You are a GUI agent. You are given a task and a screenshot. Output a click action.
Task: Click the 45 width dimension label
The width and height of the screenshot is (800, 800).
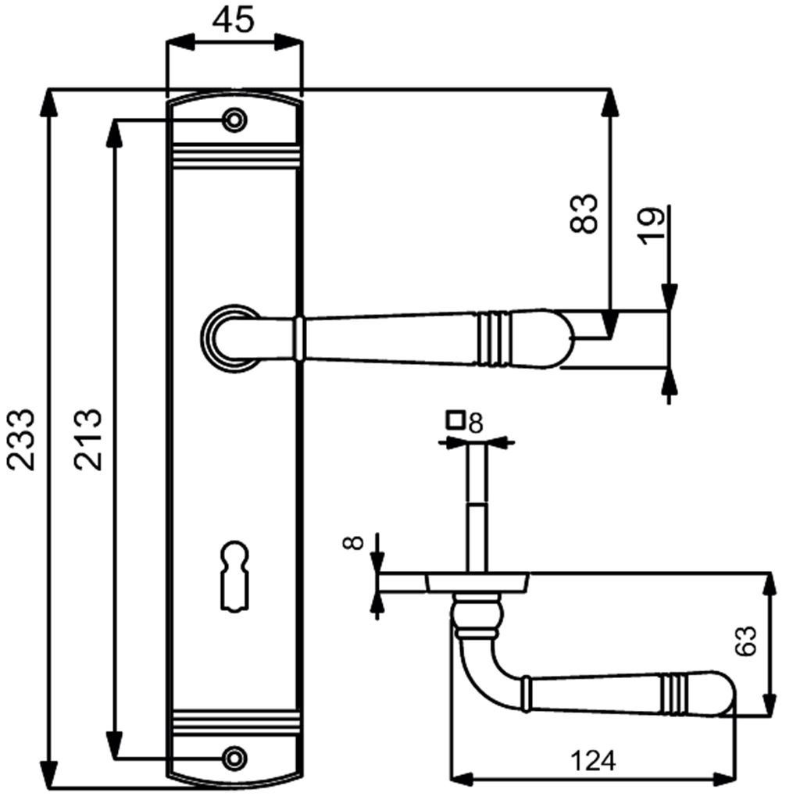tap(234, 21)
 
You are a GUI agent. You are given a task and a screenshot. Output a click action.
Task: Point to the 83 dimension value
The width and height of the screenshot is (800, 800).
tap(584, 213)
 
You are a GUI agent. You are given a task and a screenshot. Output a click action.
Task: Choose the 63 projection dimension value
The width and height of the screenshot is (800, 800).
tap(746, 642)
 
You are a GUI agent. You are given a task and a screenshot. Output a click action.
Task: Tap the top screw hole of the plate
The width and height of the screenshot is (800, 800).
tap(234, 120)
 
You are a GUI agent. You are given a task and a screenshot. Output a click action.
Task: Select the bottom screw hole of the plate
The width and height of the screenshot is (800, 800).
tap(234, 756)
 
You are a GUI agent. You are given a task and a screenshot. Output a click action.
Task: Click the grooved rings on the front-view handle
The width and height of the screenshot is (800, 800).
tap(496, 338)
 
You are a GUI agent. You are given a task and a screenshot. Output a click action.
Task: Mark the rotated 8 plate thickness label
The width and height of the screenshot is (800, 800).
tap(356, 541)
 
